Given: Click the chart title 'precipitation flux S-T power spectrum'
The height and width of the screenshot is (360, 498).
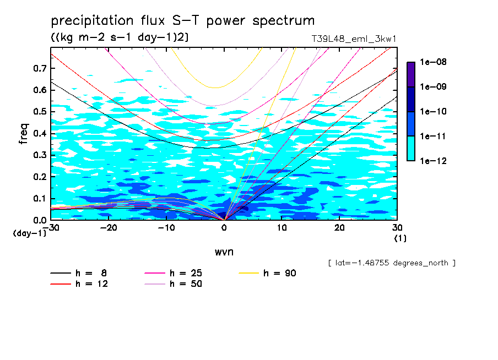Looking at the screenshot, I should (x=183, y=21).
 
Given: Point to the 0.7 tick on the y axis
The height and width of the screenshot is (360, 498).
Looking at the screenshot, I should (x=40, y=68).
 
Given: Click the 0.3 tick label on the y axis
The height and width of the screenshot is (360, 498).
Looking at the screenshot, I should (x=40, y=155).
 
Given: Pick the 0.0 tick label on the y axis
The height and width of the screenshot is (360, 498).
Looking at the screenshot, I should (x=40, y=220).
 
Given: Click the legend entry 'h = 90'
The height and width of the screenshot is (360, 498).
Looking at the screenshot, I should (x=280, y=273).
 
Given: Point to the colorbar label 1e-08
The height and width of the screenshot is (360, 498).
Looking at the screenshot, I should (x=434, y=62).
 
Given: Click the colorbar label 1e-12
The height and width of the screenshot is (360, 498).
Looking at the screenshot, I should (x=434, y=161).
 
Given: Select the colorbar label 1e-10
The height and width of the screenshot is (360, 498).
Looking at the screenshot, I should (x=434, y=112).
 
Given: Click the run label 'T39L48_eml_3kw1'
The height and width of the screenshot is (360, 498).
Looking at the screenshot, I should (x=354, y=39).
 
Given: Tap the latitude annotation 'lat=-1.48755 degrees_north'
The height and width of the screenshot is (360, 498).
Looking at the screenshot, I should (x=391, y=263).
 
